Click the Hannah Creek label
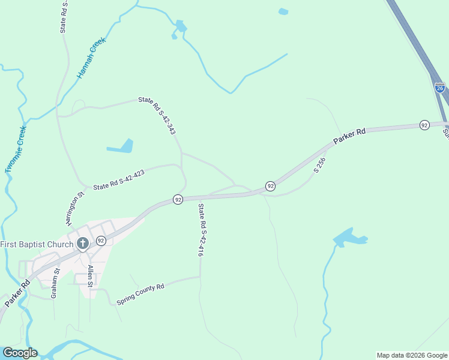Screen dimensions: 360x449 [x=91, y=58]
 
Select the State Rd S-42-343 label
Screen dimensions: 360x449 [x=157, y=115]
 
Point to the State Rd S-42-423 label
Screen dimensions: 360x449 [x=119, y=179]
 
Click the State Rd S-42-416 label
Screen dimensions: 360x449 [x=202, y=230]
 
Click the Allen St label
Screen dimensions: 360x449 [x=90, y=275]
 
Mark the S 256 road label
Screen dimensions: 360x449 [x=319, y=166]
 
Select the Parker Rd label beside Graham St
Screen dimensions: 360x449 [x=17, y=293]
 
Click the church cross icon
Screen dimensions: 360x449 [x=83, y=244]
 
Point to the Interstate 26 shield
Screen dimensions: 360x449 [x=440, y=88]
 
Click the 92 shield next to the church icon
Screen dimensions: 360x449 [x=101, y=241]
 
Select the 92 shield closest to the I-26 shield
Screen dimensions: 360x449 [x=424, y=125]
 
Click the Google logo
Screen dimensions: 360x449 [x=20, y=353]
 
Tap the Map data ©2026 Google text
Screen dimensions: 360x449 [x=412, y=355]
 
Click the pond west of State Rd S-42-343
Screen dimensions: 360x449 [x=121, y=146]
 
